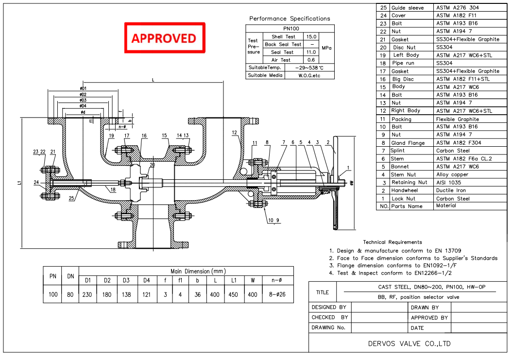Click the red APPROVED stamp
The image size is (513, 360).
[x=164, y=38]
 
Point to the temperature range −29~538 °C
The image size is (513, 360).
[x=309, y=68]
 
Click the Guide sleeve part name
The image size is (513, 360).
[x=408, y=8]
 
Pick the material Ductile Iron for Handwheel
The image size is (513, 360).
[x=451, y=190]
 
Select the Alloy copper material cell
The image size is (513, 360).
[x=452, y=174]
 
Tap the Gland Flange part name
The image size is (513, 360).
[x=408, y=143]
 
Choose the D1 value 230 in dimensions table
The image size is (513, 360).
[x=88, y=294]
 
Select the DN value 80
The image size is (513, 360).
[x=70, y=294]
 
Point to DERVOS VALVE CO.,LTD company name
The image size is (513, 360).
[x=409, y=343]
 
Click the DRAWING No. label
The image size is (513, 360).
[x=328, y=327]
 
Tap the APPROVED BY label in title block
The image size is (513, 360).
[x=429, y=317]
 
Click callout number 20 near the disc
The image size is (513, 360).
[x=152, y=165]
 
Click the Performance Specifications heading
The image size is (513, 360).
[x=290, y=18]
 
